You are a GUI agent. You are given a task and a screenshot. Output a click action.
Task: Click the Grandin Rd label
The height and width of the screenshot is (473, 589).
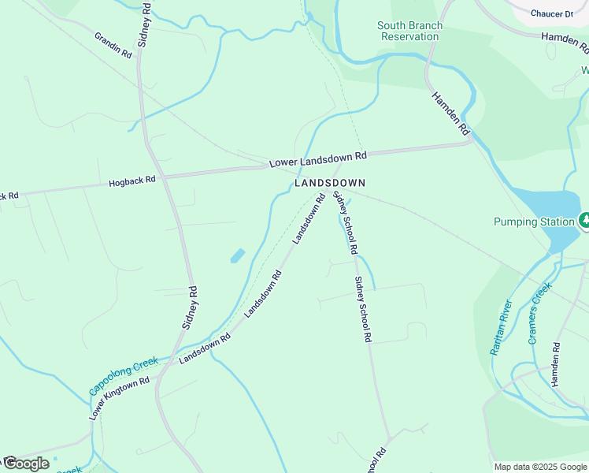(x=113, y=46)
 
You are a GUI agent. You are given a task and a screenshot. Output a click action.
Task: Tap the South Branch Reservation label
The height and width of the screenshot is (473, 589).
(x=409, y=32)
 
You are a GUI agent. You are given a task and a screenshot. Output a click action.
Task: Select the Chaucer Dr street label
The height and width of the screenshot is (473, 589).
(x=551, y=14)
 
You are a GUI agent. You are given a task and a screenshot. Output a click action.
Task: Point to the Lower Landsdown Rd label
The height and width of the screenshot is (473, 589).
(x=318, y=159)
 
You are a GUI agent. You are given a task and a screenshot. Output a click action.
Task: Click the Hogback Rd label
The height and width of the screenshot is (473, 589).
(x=132, y=181)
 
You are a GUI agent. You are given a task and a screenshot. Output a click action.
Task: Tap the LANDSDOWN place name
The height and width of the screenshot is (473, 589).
(x=330, y=182)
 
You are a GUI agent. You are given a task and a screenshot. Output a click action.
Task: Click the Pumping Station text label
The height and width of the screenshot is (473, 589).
(x=534, y=222)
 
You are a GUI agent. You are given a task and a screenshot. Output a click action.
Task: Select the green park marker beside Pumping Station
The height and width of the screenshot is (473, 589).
(x=584, y=221)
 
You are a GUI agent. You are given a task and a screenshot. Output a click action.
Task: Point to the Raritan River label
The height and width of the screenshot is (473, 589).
(x=502, y=327)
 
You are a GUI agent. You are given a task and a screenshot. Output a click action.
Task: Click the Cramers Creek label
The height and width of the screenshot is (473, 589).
(x=538, y=315)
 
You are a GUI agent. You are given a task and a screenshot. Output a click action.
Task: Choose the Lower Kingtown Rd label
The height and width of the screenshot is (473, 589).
(x=119, y=398)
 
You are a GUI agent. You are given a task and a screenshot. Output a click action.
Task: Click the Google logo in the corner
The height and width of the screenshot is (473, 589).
(x=25, y=464)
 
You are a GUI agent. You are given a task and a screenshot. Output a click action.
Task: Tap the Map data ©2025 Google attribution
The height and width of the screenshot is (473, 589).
(x=540, y=467)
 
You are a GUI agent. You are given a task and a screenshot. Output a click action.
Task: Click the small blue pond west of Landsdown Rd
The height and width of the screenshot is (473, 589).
(x=237, y=255)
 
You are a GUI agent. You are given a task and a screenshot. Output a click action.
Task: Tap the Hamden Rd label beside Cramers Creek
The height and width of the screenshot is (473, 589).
(x=556, y=364)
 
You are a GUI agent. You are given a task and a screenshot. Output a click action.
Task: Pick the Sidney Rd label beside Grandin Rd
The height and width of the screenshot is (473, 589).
(x=144, y=24)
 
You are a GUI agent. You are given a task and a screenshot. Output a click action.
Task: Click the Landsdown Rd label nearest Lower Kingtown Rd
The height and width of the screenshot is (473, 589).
(x=204, y=348)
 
